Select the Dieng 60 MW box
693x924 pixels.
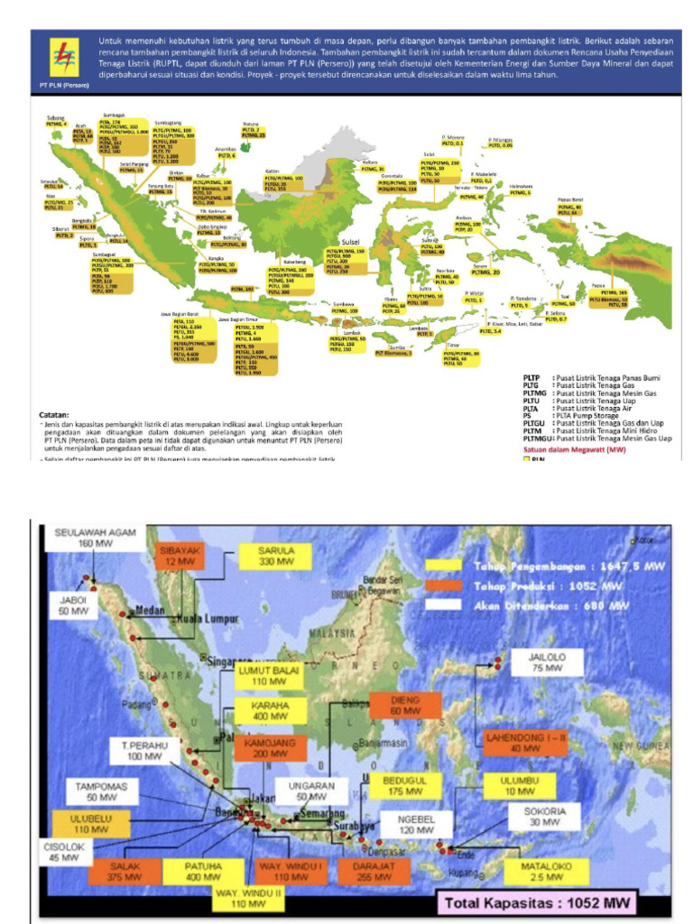coord(405,705)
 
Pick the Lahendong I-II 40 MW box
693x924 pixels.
coord(524,743)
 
